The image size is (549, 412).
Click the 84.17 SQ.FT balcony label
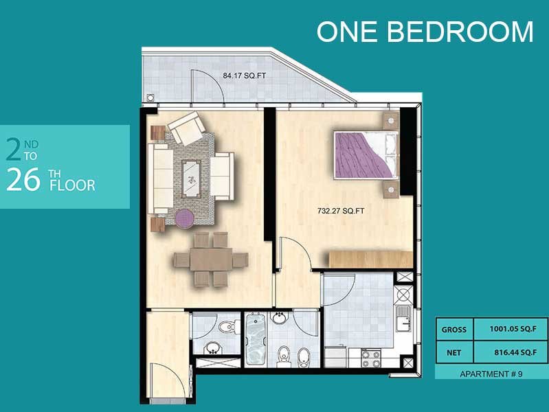click(244, 76)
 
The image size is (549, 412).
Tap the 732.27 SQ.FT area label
click(341, 211)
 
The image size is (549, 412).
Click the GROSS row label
click(453, 330)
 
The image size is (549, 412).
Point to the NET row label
click(453, 353)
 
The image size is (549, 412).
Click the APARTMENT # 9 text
click(491, 374)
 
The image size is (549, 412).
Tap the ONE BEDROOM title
click(425, 31)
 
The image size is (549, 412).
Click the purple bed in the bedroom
click(366, 155)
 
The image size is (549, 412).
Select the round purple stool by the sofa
click(184, 218)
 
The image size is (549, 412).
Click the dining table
click(211, 260)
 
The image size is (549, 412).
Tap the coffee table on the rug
click(191, 179)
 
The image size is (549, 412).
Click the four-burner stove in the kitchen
click(371, 358)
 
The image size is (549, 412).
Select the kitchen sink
click(403, 318)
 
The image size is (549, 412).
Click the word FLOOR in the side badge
click(72, 185)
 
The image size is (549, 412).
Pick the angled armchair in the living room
click(187, 128)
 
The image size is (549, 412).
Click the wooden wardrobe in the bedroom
click(370, 260)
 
